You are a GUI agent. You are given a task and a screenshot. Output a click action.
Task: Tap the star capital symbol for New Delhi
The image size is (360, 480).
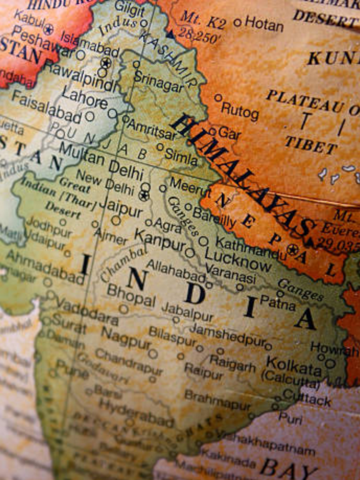(144, 195)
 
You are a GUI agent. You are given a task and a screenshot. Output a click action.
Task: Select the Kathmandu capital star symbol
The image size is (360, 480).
(293, 249)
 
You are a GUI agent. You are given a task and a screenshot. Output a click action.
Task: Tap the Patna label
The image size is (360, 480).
(278, 302)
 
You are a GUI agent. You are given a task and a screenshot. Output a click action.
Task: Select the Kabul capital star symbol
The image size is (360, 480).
(48, 29)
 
